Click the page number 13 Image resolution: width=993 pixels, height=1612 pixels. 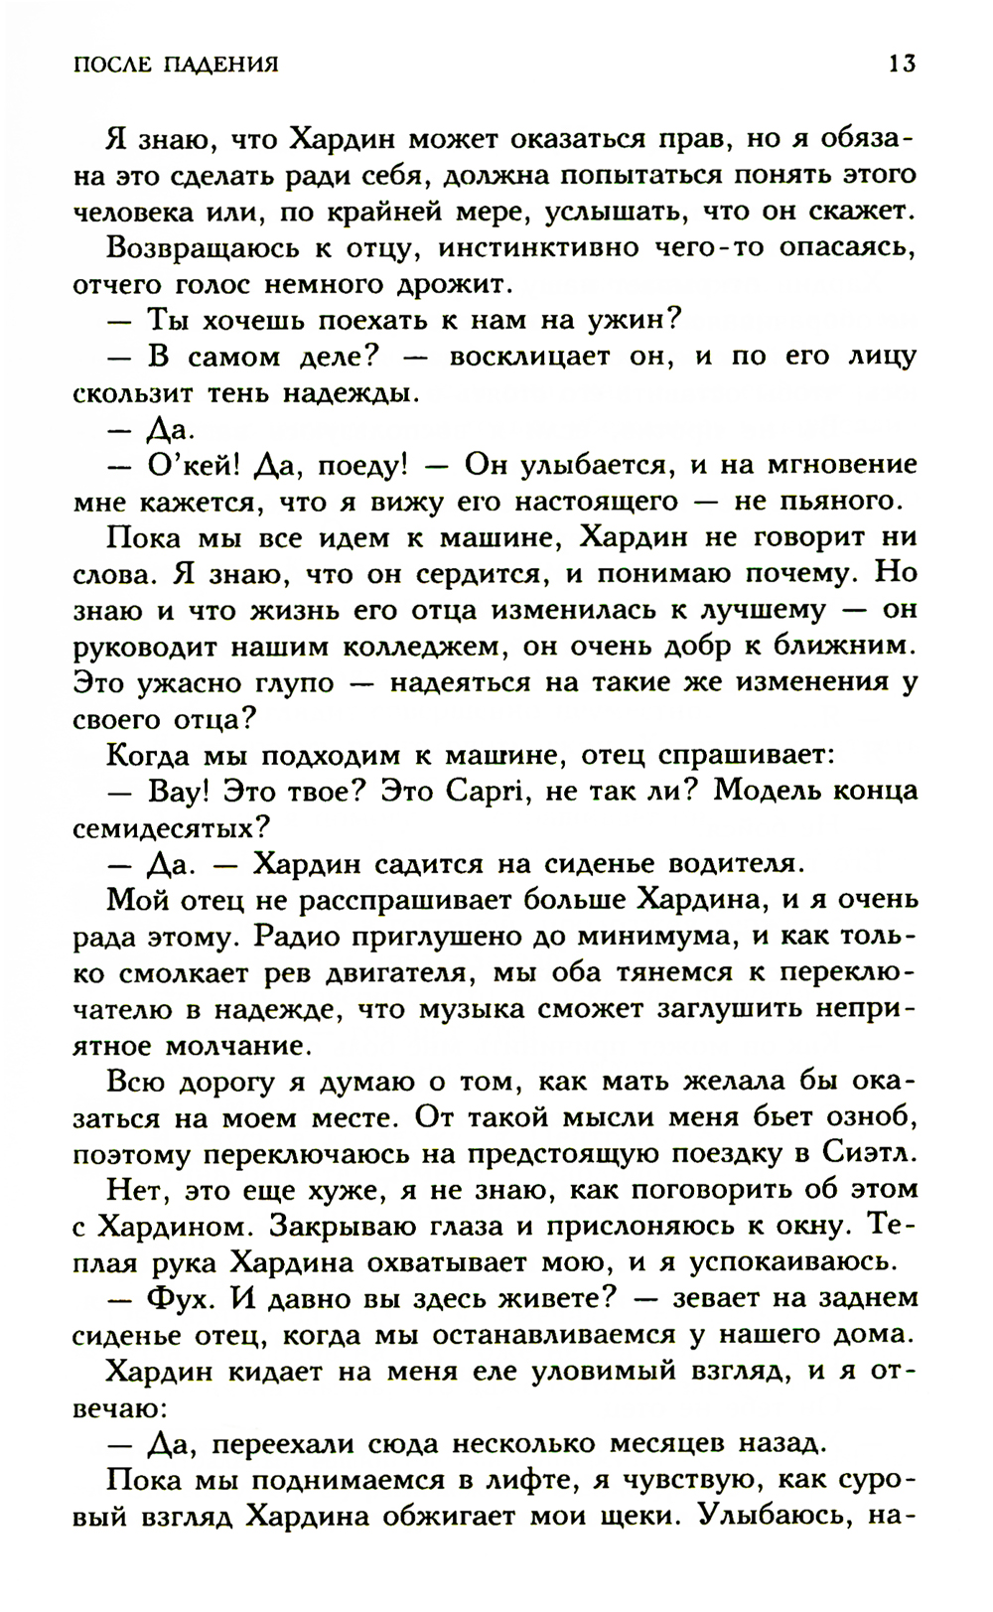[902, 65]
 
